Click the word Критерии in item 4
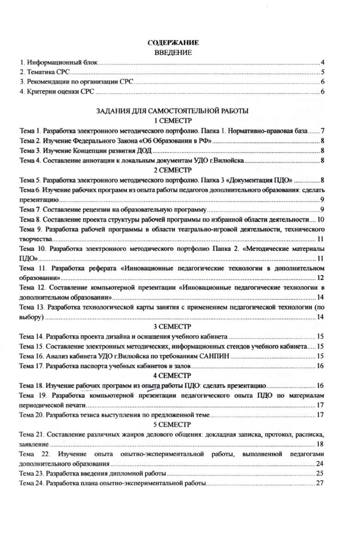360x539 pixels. tap(38, 92)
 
